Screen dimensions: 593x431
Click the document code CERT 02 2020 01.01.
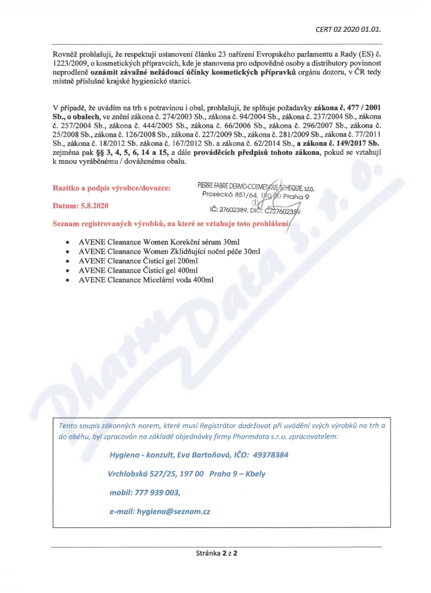coord(351,29)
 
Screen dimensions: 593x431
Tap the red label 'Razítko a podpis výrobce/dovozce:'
coord(112,188)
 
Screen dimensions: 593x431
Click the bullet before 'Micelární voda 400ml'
coord(66,280)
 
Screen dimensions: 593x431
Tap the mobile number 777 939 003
coord(157,493)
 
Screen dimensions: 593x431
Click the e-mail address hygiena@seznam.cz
coord(173,512)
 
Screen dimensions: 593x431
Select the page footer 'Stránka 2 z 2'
coord(216,553)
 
